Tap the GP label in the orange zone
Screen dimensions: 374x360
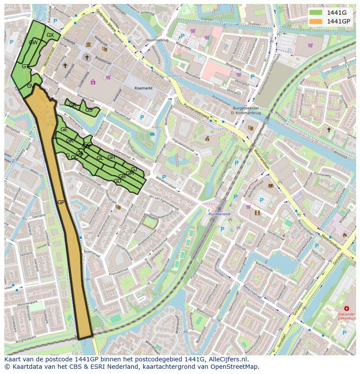61,202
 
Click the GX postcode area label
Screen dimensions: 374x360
50,35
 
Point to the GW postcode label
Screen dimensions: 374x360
33,43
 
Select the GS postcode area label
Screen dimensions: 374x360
89,110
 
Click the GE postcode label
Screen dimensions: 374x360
64,129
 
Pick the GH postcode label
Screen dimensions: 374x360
111,157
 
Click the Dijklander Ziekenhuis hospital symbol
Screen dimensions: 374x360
347,308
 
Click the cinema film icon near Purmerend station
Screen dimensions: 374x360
257,213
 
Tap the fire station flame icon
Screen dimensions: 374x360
345,235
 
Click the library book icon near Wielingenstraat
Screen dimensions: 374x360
271,185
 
